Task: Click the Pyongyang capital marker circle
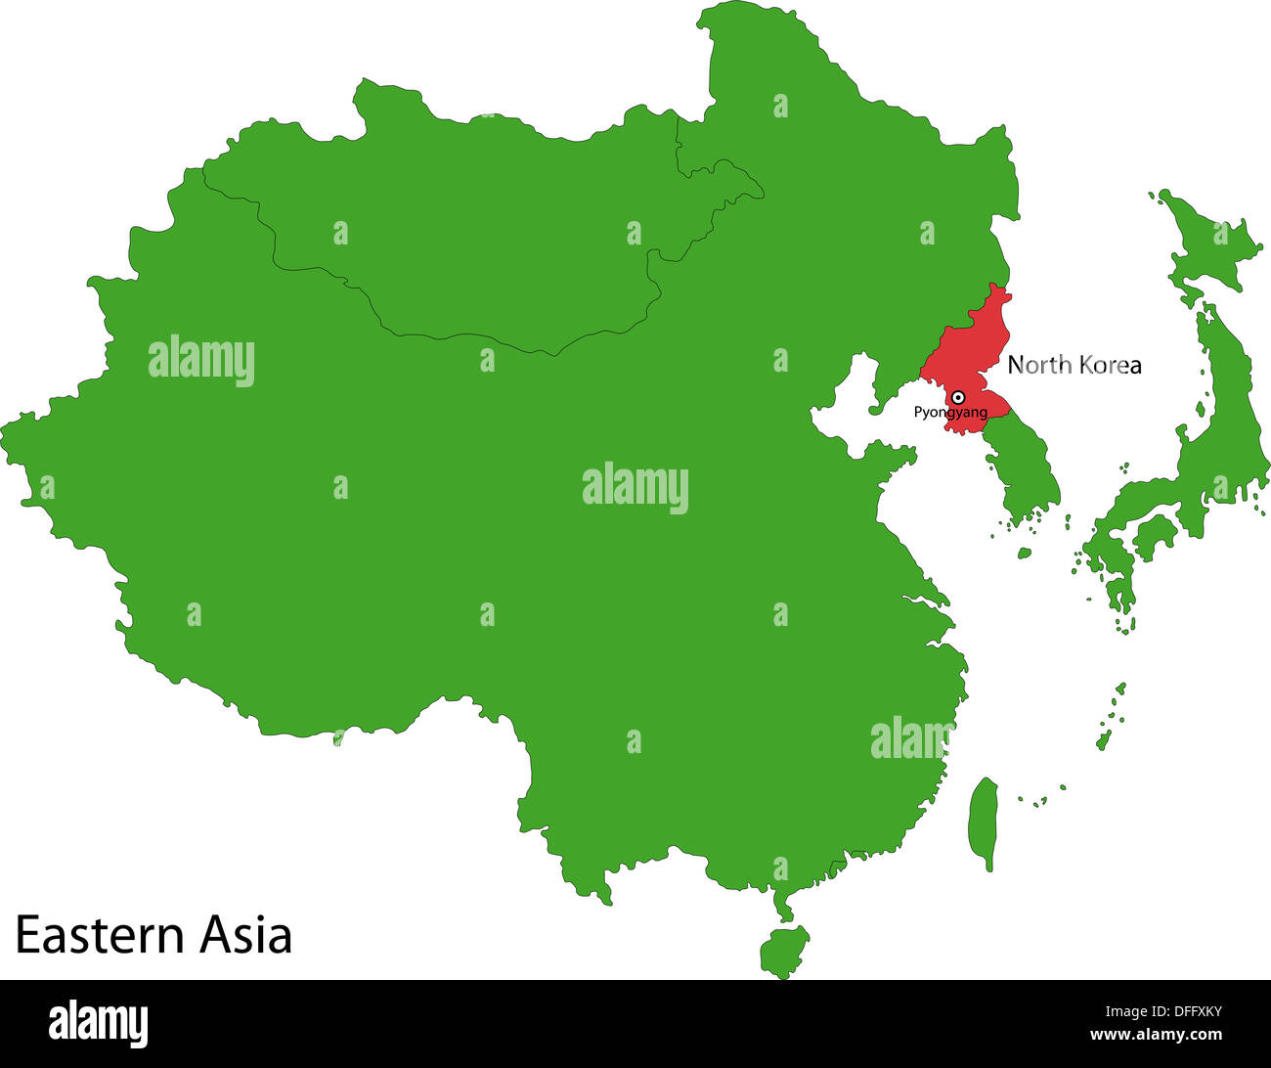(959, 397)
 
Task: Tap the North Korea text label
(1074, 365)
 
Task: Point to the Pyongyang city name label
(949, 413)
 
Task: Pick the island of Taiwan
(984, 822)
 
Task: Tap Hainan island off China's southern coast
(784, 951)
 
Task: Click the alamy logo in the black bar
(99, 1023)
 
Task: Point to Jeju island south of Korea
(1025, 553)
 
